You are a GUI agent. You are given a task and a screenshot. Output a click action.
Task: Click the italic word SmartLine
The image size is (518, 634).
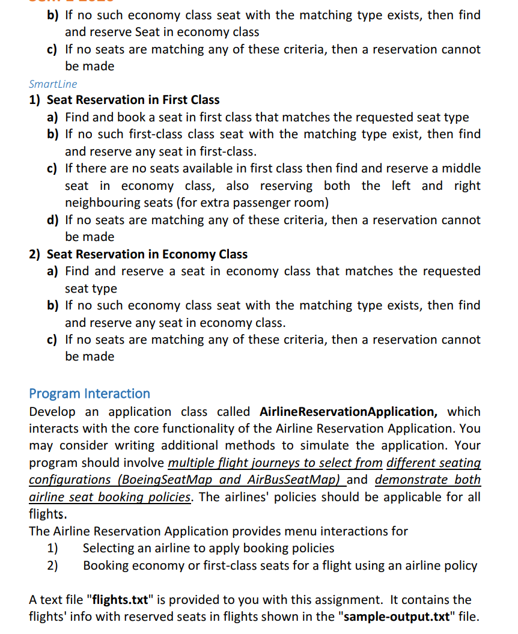click(53, 84)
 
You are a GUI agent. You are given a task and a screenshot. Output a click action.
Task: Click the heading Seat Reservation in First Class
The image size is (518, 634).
click(133, 100)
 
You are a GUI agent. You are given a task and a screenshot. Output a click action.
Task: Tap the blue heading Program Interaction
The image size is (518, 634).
click(90, 394)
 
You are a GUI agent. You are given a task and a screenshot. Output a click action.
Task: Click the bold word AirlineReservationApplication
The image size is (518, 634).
click(348, 412)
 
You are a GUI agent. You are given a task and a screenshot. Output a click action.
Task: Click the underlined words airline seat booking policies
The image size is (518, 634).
click(110, 497)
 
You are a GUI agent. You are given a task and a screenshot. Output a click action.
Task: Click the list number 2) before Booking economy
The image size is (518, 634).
click(53, 565)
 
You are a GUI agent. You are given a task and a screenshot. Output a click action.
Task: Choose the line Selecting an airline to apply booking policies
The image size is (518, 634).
click(209, 548)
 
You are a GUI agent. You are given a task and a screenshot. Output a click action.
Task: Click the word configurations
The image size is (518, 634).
click(71, 480)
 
